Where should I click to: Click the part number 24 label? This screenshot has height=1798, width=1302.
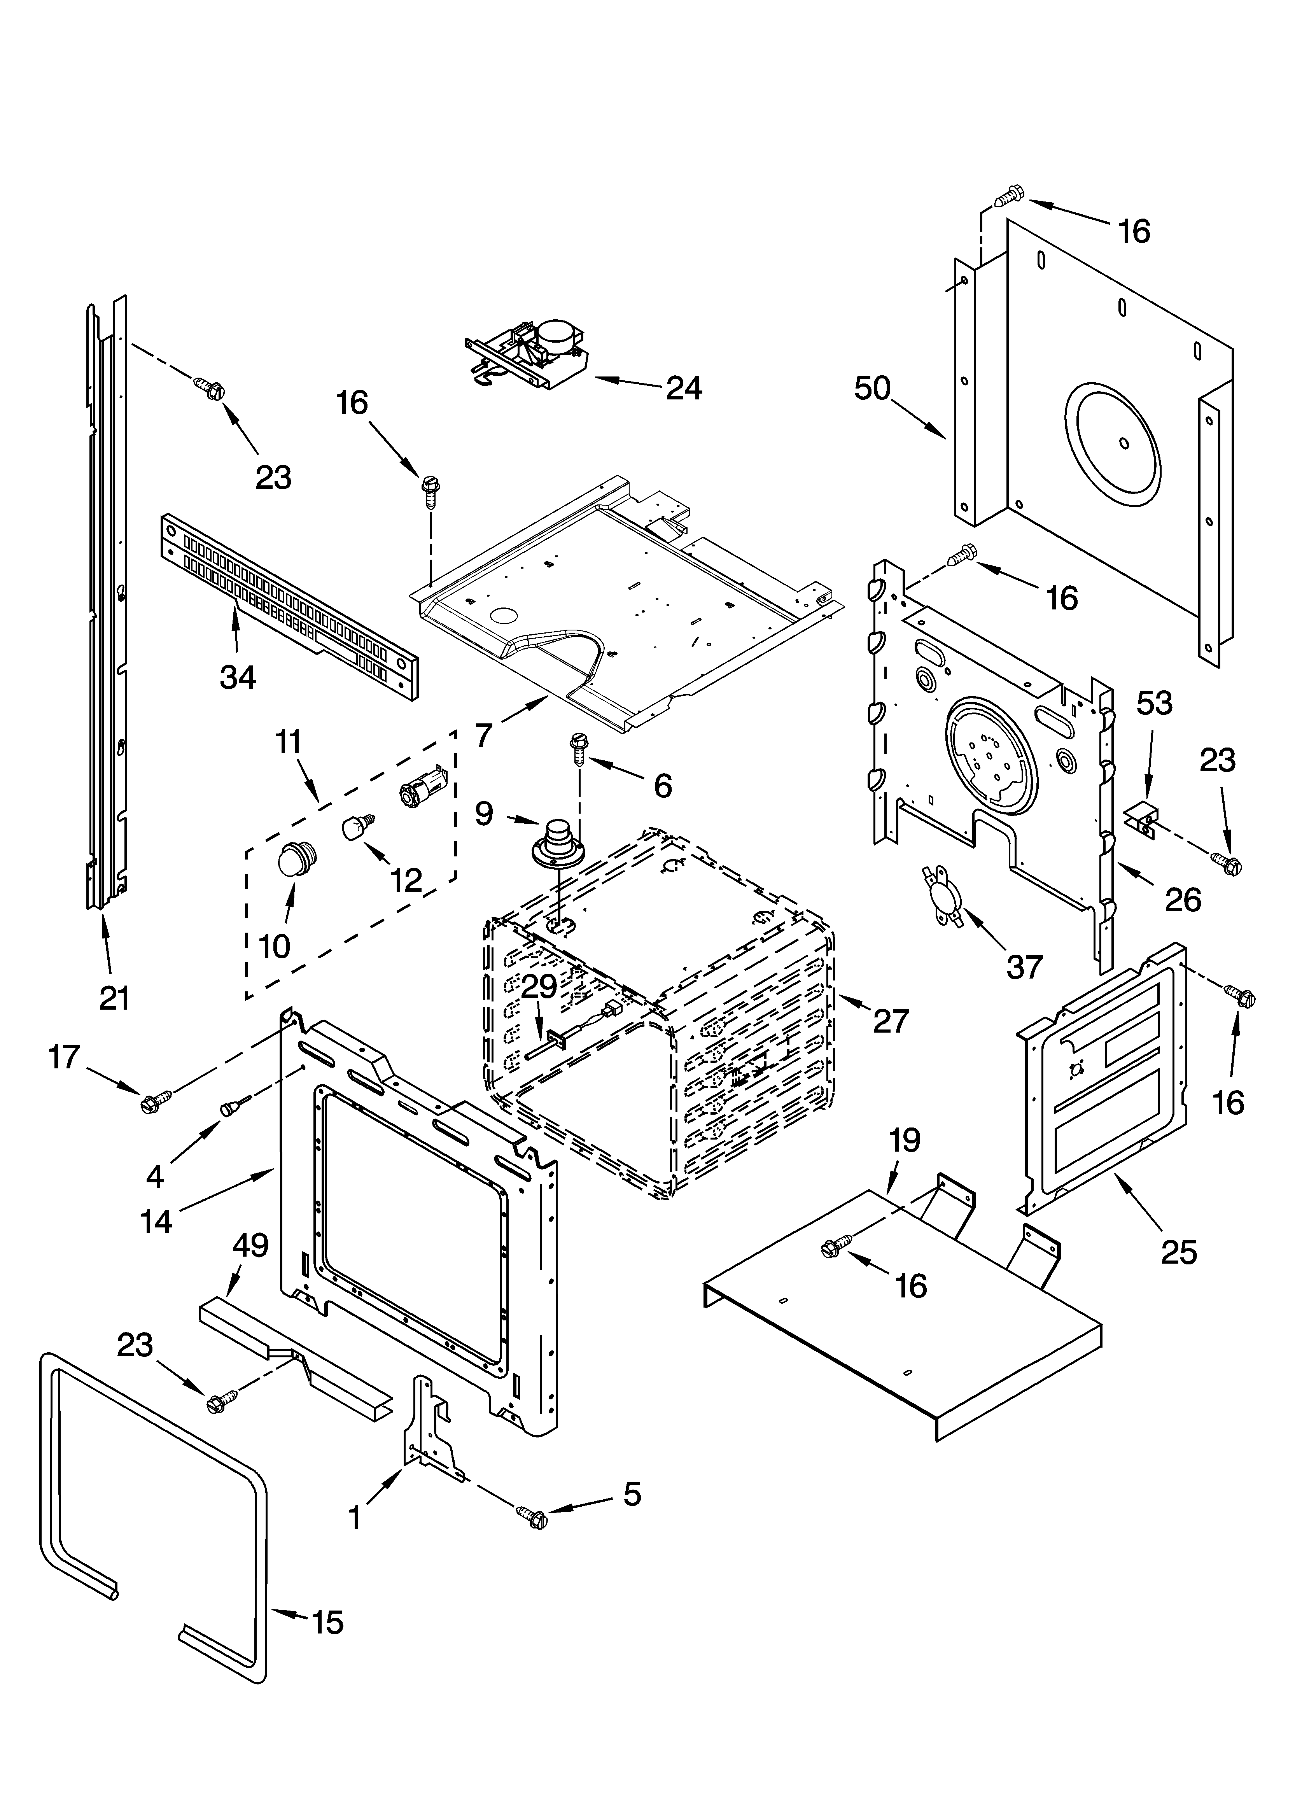coord(684,389)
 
